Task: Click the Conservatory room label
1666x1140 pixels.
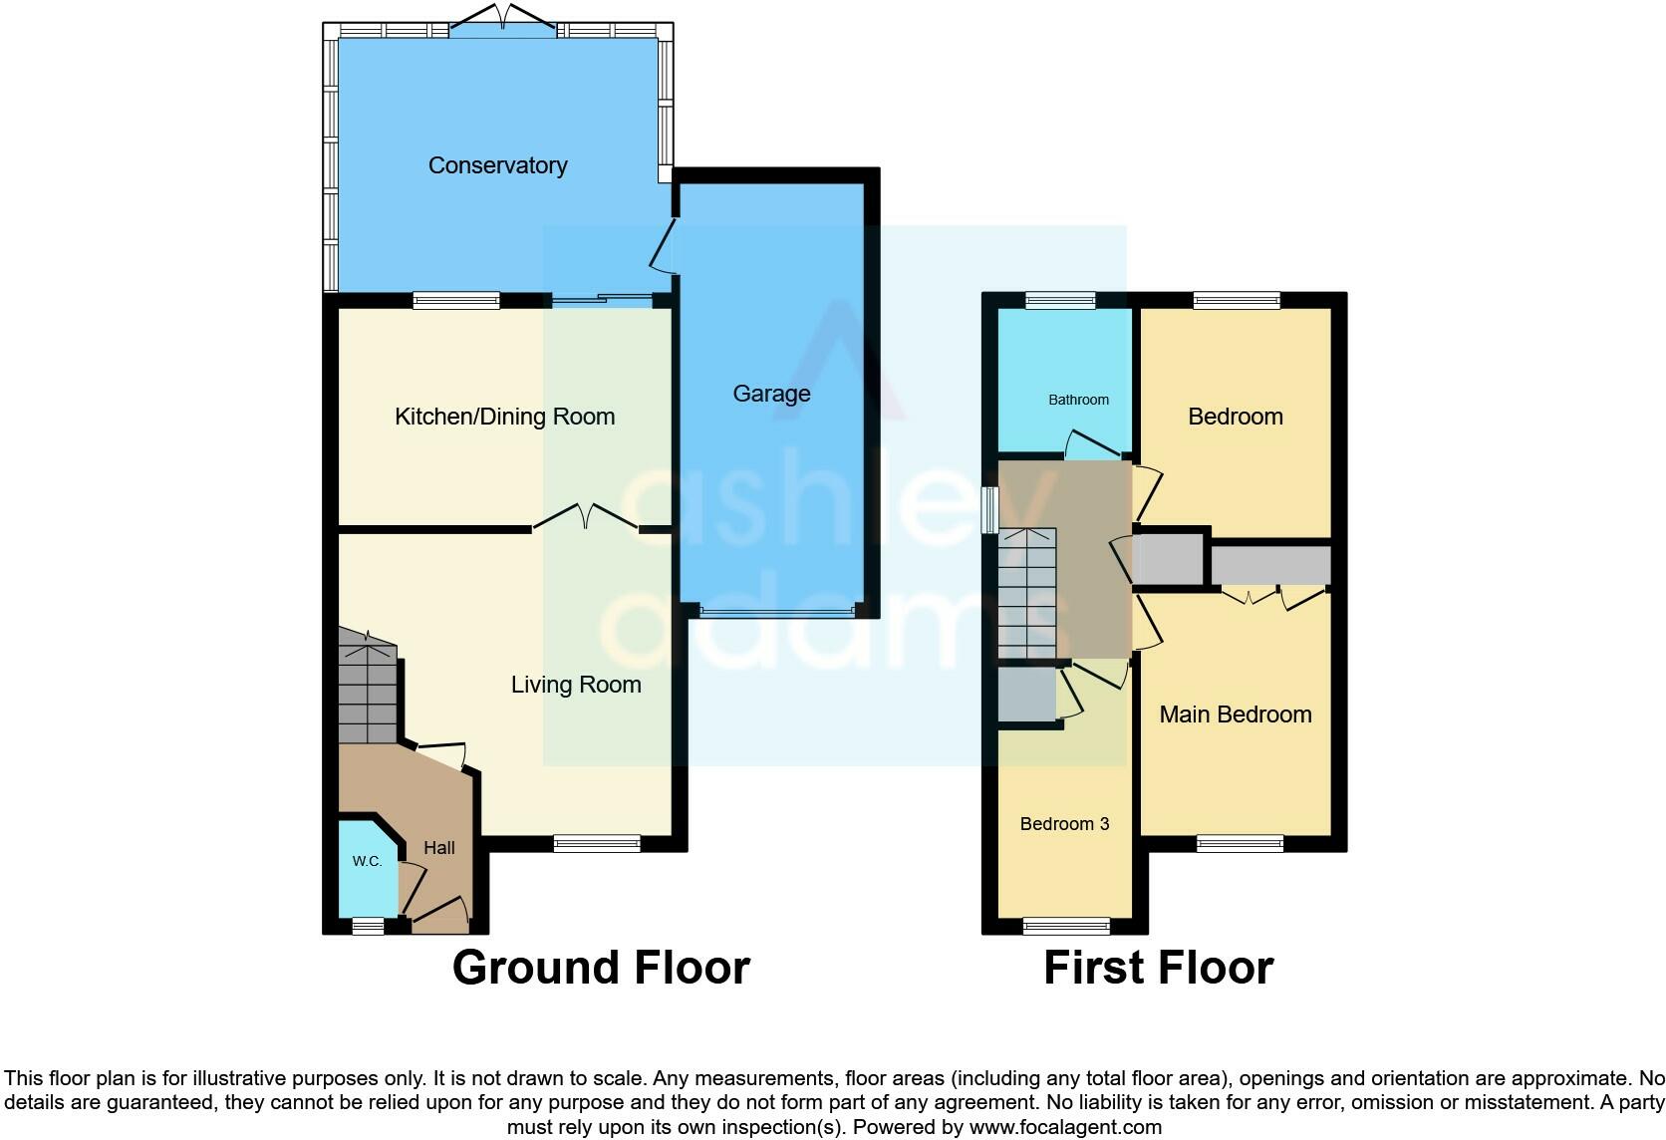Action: [497, 165]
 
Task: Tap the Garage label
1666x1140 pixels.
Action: [771, 394]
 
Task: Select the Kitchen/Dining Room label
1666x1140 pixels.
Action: [504, 417]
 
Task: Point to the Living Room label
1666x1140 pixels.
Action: [576, 685]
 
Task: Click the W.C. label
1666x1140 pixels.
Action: [367, 861]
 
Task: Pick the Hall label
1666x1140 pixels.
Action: [439, 848]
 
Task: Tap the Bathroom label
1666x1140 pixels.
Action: [1078, 400]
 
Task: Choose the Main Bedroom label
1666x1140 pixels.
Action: [1235, 714]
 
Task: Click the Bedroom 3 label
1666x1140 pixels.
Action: [1064, 824]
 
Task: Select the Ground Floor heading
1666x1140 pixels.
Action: [601, 968]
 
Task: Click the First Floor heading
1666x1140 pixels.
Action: [1158, 968]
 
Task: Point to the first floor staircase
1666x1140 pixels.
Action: [1026, 594]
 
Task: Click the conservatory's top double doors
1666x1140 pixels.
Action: [503, 19]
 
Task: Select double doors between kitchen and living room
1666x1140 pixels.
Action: [586, 517]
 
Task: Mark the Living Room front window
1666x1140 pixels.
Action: [597, 844]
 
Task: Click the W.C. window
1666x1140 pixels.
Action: [368, 927]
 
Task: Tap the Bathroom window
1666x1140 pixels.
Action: [1061, 300]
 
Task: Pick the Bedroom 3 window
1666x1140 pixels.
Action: [1066, 927]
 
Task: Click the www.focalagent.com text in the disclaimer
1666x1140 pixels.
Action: [1065, 1128]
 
